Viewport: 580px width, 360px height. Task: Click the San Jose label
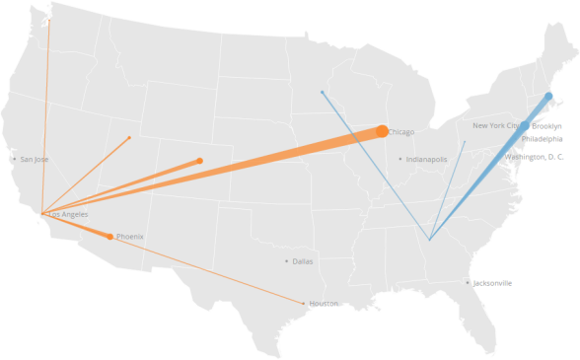(x=35, y=159)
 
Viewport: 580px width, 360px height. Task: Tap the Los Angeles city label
(x=69, y=214)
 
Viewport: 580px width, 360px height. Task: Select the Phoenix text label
(x=129, y=237)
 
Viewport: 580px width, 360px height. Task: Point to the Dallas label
(x=302, y=261)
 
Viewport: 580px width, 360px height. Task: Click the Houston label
(x=324, y=304)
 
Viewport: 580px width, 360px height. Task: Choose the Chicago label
(x=401, y=132)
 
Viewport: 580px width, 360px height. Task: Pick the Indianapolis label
(x=426, y=159)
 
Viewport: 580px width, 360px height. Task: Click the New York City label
(x=500, y=126)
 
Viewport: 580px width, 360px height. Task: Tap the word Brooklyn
(x=546, y=126)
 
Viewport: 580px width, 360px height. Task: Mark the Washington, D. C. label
(x=534, y=157)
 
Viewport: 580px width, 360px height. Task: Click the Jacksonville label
(x=492, y=283)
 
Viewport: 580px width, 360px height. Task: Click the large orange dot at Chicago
(x=382, y=131)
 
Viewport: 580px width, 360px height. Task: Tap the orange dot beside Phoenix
(x=110, y=237)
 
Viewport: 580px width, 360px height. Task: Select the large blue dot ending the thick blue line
(x=548, y=97)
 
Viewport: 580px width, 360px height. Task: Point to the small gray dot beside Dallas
(x=286, y=261)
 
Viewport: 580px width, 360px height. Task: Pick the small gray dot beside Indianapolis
(x=399, y=159)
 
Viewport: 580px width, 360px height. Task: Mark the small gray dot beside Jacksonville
(x=468, y=283)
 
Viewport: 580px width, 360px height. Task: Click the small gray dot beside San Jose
(x=14, y=159)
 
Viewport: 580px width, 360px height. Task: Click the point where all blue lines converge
(x=429, y=239)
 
